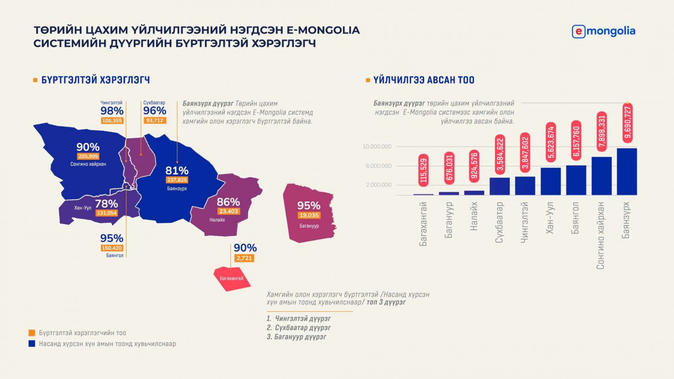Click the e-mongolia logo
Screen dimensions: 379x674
pos(603,31)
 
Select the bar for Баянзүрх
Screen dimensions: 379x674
pos(626,171)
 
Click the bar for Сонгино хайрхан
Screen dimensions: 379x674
pos(601,176)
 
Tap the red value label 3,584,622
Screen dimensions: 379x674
pos(500,155)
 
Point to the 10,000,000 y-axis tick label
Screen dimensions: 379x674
pos(377,147)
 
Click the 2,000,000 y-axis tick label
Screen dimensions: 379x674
pos(378,185)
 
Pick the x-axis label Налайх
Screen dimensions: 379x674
pos(474,216)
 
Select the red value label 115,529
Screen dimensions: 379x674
pos(424,170)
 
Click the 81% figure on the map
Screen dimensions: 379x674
pos(177,171)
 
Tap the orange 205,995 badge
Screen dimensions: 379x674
pos(88,156)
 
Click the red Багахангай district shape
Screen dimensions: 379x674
pos(232,278)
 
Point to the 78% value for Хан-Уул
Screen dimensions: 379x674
pos(106,204)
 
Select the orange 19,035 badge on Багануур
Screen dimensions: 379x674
pos(309,215)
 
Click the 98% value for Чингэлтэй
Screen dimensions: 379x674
pos(112,111)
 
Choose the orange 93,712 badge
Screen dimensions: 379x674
pos(155,120)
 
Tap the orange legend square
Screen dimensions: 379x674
pos(32,333)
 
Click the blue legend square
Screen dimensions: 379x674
pos(32,344)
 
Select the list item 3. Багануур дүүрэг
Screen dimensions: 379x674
pos(296,337)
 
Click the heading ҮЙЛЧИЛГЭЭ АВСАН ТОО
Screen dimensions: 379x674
pos(423,80)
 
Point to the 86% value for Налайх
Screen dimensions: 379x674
pos(228,202)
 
